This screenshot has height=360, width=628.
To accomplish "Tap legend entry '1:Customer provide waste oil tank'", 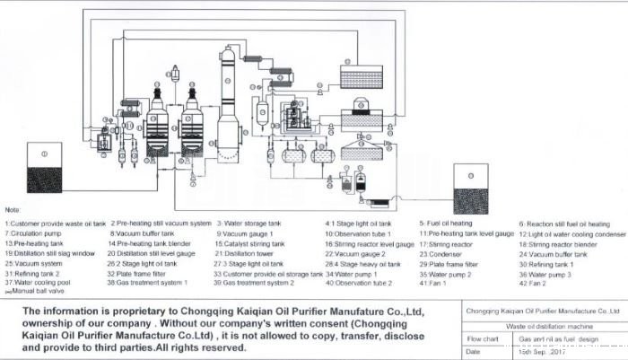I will tap(55, 224).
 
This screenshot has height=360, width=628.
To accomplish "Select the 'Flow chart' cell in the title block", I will tap(484, 338).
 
